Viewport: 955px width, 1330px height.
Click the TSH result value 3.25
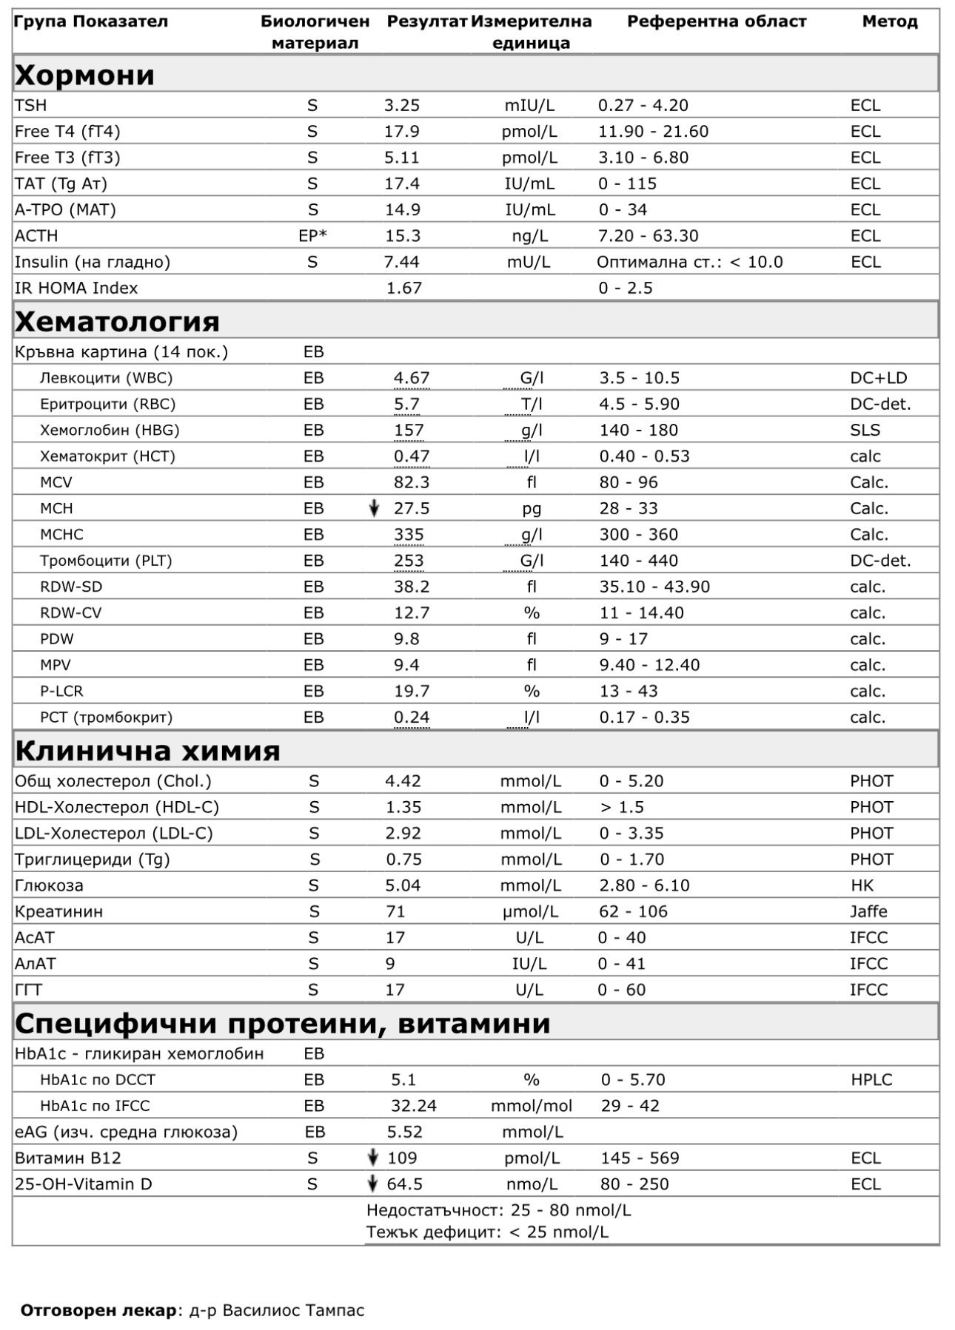click(401, 106)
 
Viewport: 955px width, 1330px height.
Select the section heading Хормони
click(84, 75)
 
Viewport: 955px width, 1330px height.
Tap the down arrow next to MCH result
click(375, 508)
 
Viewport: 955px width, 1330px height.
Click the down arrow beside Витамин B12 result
click(374, 1158)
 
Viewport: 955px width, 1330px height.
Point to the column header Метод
click(889, 21)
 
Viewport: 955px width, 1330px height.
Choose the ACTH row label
click(36, 236)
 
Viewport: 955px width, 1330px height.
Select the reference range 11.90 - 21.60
click(653, 132)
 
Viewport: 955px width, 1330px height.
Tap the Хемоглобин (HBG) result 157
click(409, 430)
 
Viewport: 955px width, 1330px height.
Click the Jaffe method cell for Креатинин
click(868, 911)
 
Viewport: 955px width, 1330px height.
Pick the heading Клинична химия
click(147, 751)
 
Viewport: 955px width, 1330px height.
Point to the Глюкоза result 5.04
click(403, 885)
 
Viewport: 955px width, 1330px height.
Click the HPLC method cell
click(871, 1080)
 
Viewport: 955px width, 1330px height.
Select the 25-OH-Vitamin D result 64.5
click(404, 1184)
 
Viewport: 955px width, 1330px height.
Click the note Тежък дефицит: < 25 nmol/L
click(487, 1232)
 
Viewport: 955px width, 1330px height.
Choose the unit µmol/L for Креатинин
click(530, 911)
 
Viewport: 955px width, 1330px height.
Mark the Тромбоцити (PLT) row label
click(106, 561)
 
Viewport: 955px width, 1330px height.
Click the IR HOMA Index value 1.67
click(403, 288)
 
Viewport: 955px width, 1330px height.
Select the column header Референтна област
click(716, 21)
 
